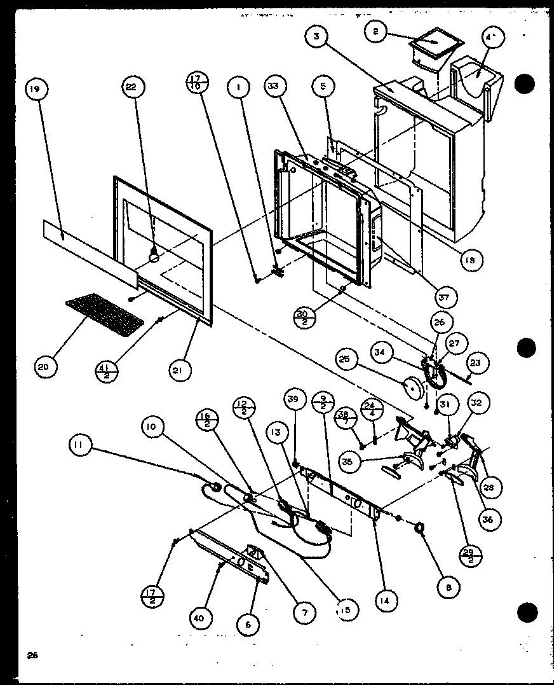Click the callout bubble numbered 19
point(34,90)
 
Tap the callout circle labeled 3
point(316,37)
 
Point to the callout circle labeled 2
point(377,31)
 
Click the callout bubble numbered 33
point(276,90)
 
